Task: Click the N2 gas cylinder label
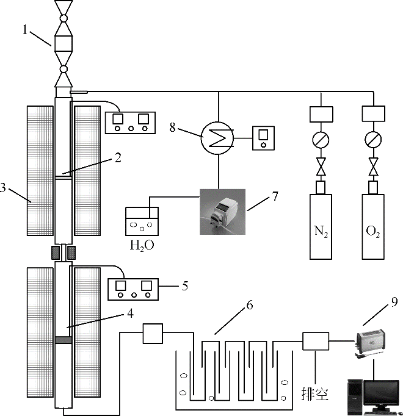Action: tap(321, 232)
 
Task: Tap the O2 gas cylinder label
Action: tap(373, 232)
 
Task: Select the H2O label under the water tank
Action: tap(142, 246)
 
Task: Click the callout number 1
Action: tap(25, 30)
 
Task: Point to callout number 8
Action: tap(173, 127)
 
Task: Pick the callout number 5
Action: tap(185, 286)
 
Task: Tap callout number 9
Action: tap(394, 302)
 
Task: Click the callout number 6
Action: tap(250, 305)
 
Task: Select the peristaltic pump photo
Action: tap(223, 212)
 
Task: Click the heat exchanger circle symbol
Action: tap(217, 138)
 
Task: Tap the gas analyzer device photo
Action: tap(371, 345)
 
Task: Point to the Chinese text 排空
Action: tap(315, 393)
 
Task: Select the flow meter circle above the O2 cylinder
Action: tap(373, 139)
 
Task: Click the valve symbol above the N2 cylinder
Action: tap(321, 167)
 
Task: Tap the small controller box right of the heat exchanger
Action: tap(263, 138)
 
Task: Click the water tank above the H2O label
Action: tap(142, 221)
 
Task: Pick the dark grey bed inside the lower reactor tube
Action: tap(64, 340)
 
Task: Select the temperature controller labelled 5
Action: tap(133, 289)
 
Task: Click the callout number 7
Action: tap(275, 196)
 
